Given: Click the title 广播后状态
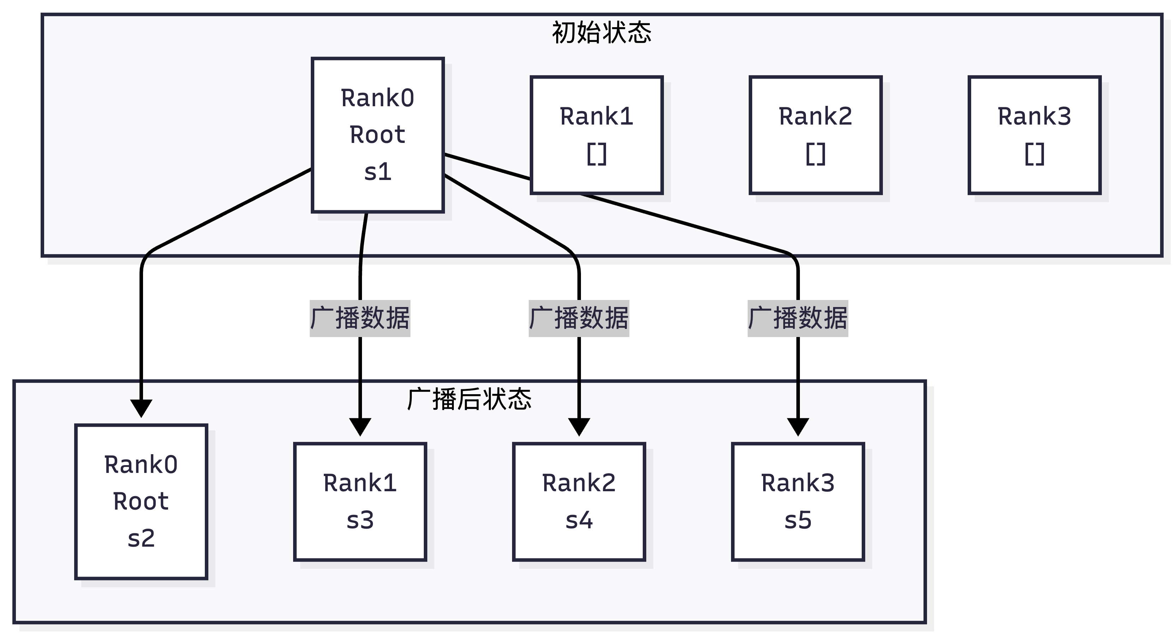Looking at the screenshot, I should point(469,400).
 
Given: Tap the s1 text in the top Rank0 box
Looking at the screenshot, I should point(378,172).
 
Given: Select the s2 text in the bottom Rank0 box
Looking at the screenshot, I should point(141,539).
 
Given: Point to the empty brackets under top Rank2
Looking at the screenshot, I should point(815,154).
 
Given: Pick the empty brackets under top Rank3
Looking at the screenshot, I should point(1034,154).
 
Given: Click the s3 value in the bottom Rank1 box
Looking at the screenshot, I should point(360,520).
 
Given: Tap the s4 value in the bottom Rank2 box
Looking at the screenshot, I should point(579,520).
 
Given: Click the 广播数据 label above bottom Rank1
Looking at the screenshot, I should point(360,318).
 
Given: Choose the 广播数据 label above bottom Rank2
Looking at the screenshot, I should point(579,318).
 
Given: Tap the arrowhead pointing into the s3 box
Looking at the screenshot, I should point(360,426).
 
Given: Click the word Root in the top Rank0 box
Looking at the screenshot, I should point(378,135).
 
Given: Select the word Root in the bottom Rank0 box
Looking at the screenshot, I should point(141,501).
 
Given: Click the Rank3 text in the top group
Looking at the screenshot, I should point(1034,116).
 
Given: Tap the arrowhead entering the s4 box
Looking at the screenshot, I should point(579,426).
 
